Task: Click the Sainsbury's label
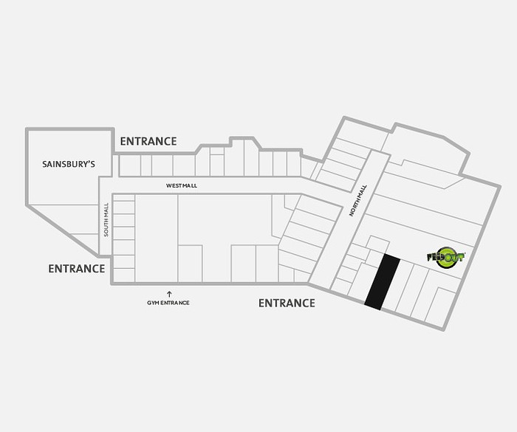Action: [69, 164]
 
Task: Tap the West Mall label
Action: [182, 185]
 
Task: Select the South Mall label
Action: [106, 219]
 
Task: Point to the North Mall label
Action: [358, 201]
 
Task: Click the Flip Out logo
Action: [446, 257]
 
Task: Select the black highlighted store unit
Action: [383, 281]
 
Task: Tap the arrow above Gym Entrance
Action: [169, 294]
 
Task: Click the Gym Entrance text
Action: [168, 303]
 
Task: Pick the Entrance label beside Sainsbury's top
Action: [148, 142]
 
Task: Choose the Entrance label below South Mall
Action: [77, 269]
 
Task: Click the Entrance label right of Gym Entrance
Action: [287, 303]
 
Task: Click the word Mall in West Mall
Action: [190, 185]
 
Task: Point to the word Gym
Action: [151, 303]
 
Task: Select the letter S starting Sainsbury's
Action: [45, 164]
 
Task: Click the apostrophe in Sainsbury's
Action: [89, 161]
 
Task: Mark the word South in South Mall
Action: [106, 227]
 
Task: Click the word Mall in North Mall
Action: [363, 191]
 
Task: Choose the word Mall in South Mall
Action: [106, 210]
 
